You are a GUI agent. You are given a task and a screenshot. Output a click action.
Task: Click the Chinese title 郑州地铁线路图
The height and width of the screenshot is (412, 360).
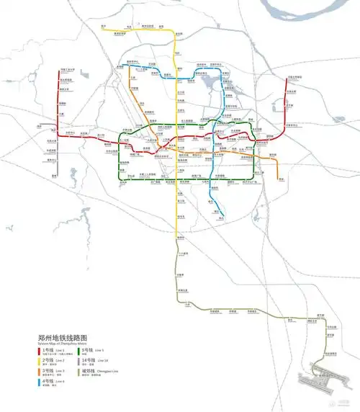click(63, 337)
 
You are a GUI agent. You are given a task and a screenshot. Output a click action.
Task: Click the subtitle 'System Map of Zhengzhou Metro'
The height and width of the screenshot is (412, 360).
click(61, 344)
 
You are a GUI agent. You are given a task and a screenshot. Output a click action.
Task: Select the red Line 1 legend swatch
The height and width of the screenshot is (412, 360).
click(39, 351)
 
